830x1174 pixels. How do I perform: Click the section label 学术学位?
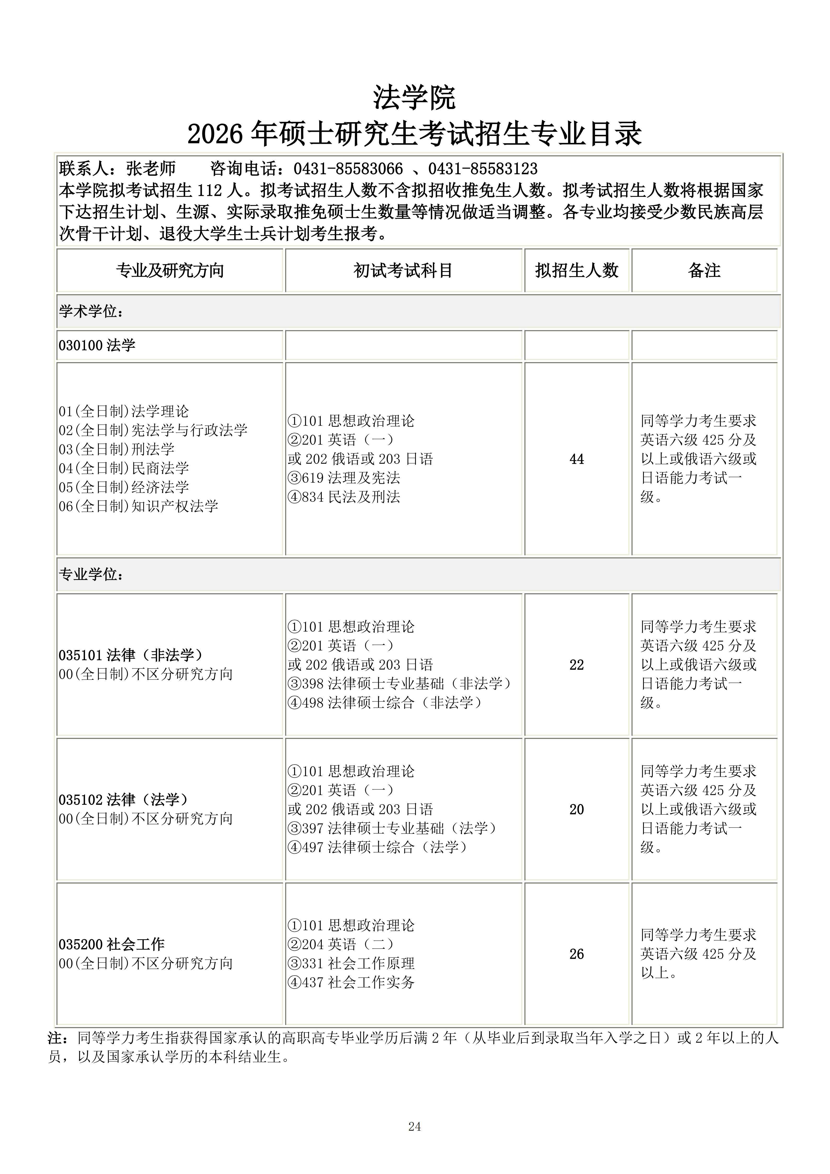click(x=91, y=311)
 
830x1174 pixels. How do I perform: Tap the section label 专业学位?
click(x=91, y=575)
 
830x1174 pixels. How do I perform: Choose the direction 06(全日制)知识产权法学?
click(x=138, y=506)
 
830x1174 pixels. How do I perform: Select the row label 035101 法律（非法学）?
click(x=131, y=655)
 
